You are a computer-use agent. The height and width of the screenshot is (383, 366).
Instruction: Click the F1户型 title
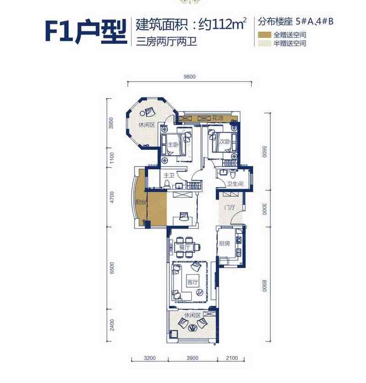[86, 32]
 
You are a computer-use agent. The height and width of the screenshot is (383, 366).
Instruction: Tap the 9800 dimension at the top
[189, 77]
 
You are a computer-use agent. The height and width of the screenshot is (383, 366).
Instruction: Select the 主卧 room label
[173, 145]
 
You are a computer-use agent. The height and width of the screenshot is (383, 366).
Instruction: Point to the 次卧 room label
[225, 141]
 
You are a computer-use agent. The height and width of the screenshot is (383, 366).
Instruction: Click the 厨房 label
[224, 243]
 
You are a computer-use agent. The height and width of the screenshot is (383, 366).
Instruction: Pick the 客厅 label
[193, 282]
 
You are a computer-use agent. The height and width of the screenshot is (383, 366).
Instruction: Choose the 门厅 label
[230, 208]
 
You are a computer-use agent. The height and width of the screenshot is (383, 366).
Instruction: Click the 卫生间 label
[235, 183]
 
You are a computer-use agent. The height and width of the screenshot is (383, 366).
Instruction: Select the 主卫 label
[169, 175]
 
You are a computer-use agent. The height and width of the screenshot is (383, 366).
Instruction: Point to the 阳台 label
[140, 203]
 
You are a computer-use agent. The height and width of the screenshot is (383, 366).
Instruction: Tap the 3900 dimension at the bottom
[193, 358]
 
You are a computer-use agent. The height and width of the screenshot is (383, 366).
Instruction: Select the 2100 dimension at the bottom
[231, 358]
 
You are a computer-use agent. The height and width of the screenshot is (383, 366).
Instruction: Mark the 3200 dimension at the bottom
[150, 358]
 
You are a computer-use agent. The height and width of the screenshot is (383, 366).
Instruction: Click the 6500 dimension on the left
[112, 268]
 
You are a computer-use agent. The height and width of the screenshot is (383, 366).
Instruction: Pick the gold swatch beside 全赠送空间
[265, 35]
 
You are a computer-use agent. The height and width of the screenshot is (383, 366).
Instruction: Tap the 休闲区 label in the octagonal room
[147, 125]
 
